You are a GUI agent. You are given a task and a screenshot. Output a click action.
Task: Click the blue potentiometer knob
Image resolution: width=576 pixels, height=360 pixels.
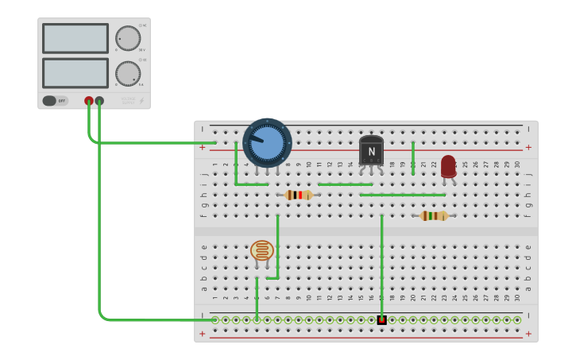point(267,141)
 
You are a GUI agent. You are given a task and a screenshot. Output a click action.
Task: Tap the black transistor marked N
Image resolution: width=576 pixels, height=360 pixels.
point(371,151)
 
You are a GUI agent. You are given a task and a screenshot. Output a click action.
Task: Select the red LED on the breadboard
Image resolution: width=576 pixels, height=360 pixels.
point(448,166)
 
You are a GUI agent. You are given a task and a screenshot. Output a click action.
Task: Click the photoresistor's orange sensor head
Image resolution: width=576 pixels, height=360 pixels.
point(261,250)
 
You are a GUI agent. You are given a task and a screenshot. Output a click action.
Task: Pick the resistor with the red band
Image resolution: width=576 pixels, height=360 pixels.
point(299,195)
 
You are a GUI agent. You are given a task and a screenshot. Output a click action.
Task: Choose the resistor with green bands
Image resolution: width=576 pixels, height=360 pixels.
point(434,215)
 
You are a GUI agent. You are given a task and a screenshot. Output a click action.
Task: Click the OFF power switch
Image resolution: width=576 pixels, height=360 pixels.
point(55,101)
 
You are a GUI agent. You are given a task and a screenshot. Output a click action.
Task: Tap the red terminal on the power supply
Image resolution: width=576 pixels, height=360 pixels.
point(89,101)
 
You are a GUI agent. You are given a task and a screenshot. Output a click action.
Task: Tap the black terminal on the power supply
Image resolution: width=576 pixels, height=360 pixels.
point(99,101)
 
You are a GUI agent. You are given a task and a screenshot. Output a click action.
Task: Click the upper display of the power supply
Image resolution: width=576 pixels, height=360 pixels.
point(75,38)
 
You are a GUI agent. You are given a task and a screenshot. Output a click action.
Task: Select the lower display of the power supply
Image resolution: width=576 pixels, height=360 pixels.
point(75,73)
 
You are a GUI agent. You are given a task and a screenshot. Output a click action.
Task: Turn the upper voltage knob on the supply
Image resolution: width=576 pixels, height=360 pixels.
point(127,38)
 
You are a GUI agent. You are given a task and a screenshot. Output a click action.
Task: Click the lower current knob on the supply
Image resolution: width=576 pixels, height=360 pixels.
point(127,73)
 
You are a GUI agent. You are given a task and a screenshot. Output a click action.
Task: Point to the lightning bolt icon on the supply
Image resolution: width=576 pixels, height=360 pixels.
point(142,101)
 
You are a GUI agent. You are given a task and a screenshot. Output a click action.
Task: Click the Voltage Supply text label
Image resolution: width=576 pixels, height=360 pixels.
point(128,100)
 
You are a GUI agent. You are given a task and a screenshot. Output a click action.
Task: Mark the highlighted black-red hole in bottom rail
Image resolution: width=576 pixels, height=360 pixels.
point(381,320)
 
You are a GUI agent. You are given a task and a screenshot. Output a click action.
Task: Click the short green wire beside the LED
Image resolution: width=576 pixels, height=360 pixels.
point(413,157)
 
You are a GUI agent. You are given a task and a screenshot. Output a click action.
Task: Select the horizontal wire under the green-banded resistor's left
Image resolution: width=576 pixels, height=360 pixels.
point(402,195)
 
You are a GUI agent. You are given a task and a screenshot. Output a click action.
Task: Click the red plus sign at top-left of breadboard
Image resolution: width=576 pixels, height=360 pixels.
point(202,147)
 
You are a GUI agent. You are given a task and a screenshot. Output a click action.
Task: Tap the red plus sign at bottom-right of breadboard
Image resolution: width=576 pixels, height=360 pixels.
point(528,334)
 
